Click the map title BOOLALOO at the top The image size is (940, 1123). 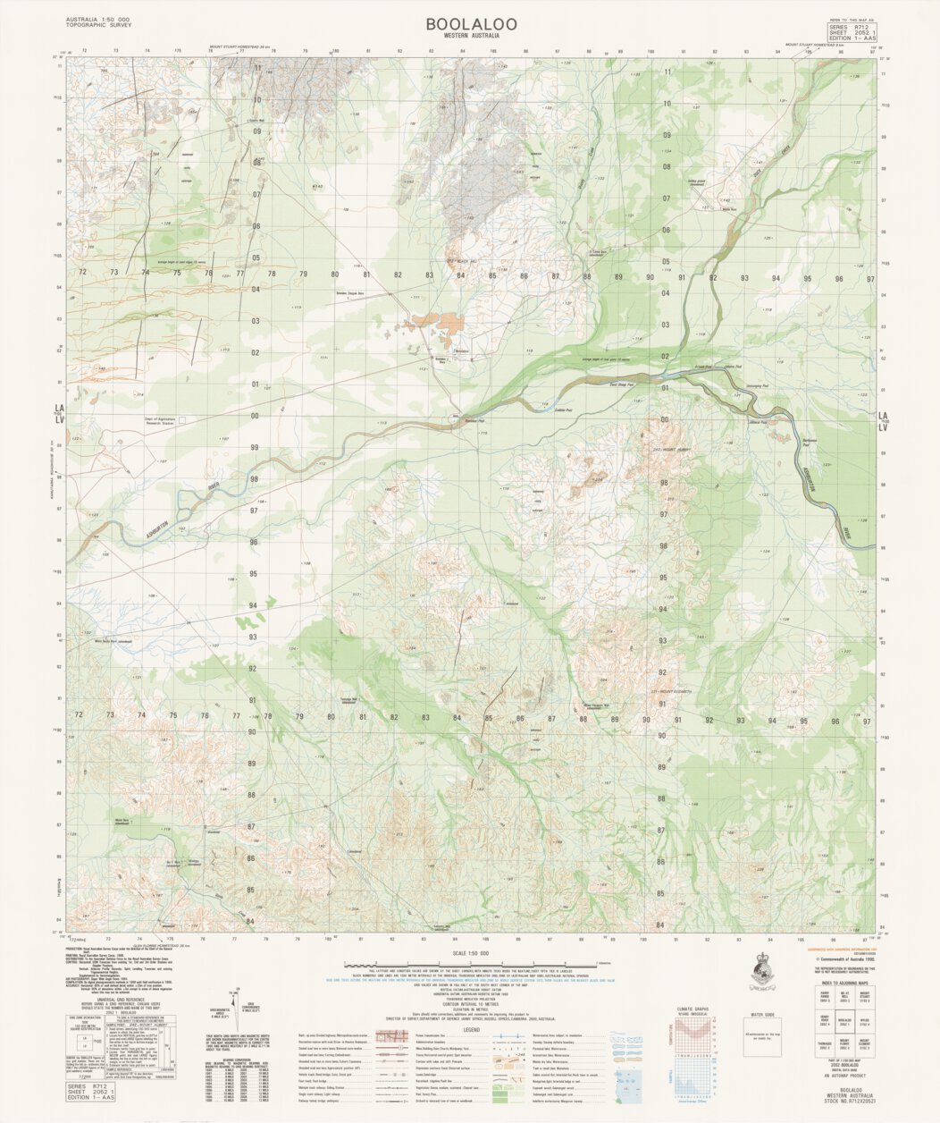[470, 24]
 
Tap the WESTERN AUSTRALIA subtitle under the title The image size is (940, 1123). [470, 37]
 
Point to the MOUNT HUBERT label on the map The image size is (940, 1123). [671, 450]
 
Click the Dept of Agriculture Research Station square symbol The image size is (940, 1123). [181, 418]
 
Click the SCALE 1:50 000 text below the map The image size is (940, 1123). [471, 952]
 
